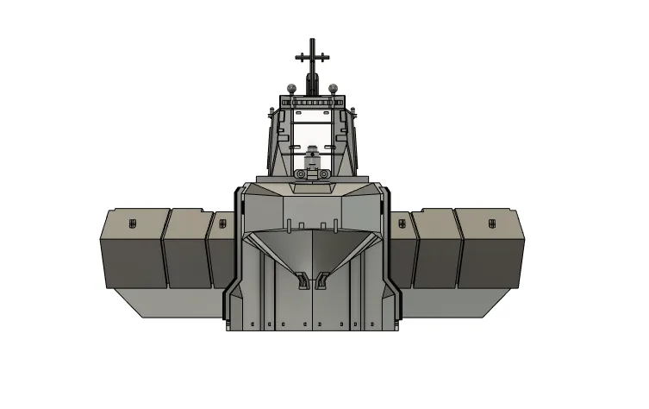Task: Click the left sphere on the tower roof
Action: (293, 86)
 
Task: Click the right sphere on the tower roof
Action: (332, 86)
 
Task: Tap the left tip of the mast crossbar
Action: (296, 58)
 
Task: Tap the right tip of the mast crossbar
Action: (329, 58)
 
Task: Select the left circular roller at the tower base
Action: (300, 175)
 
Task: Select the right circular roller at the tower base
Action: (325, 175)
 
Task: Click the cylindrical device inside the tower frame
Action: (312, 158)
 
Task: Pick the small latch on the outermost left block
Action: (133, 223)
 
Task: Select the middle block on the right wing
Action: (438, 250)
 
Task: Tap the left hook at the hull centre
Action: (302, 280)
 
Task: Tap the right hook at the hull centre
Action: (322, 280)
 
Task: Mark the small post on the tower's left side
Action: (271, 113)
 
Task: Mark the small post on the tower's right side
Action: (353, 113)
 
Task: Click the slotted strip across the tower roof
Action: (312, 102)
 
